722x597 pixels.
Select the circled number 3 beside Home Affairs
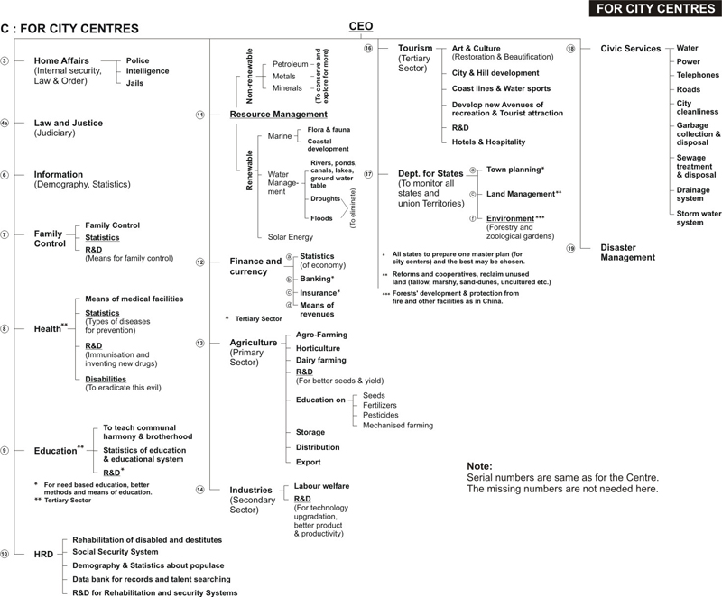(5, 60)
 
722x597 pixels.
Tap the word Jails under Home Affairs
(134, 83)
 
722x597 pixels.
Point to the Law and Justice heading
(69, 123)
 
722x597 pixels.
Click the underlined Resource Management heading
(278, 115)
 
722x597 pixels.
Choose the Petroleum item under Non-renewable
(290, 65)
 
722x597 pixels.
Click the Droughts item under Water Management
(324, 198)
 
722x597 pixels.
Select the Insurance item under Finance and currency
(319, 293)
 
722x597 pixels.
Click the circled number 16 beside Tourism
(368, 48)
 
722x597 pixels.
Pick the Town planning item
(514, 170)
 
